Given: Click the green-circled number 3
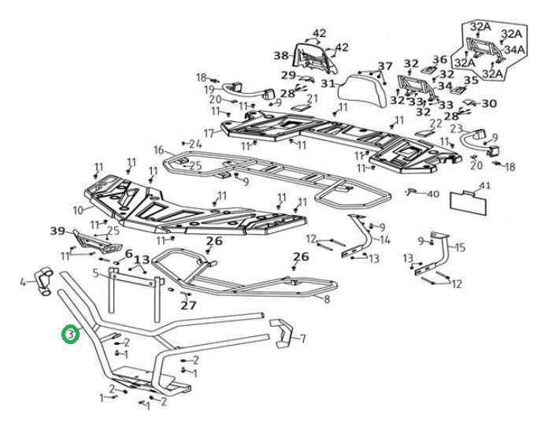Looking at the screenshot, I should (70, 335).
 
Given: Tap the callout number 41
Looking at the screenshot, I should (485, 187).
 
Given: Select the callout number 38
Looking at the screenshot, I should (281, 56).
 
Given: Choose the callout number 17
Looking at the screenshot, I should (209, 132).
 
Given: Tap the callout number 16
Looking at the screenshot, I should (158, 150).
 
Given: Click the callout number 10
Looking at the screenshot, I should (77, 210).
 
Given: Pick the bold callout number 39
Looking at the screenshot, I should (57, 231).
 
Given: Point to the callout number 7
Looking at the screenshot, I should (302, 339).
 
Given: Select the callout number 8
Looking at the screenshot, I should (327, 299).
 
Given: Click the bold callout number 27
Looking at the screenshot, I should (187, 305).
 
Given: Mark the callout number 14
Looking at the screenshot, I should (385, 240).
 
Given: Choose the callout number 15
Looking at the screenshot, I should (460, 247).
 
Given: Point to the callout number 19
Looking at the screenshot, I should (209, 88).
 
